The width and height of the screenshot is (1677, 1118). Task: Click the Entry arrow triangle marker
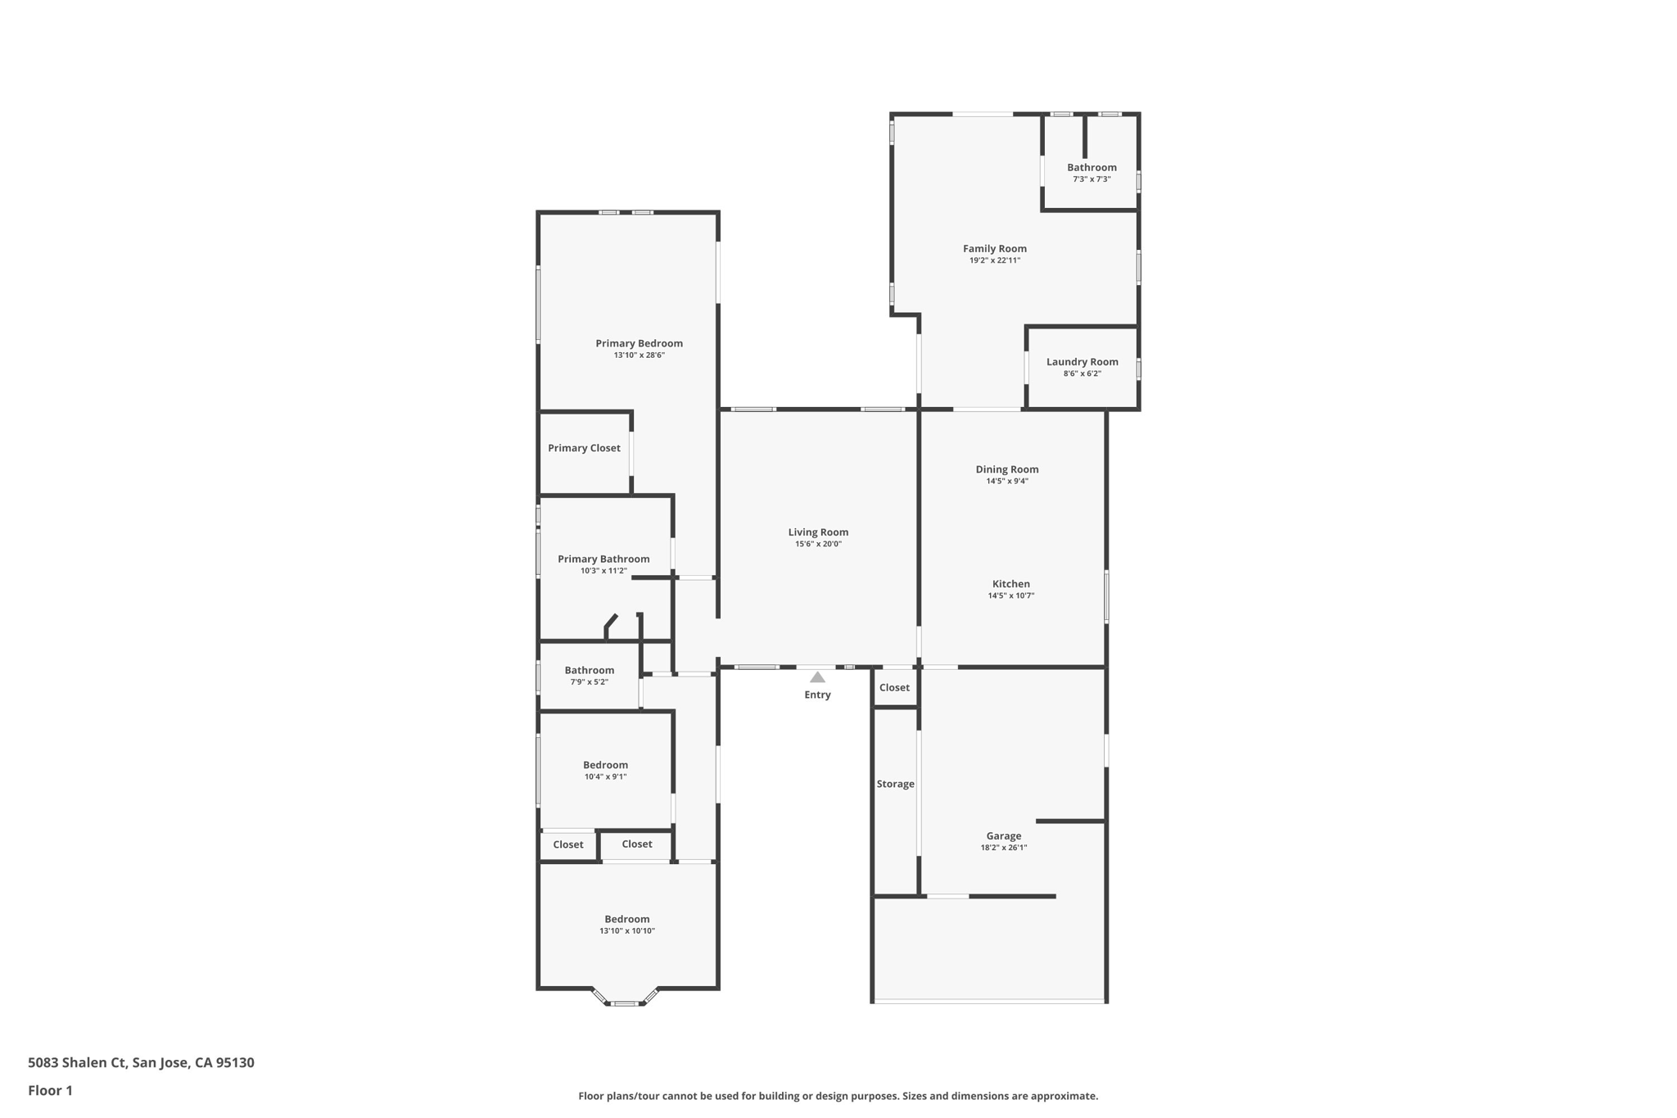coord(817,677)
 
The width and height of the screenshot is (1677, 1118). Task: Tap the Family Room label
coord(994,248)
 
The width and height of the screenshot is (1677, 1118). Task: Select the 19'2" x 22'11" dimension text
coord(994,260)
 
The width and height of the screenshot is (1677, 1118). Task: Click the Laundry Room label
coord(1082,361)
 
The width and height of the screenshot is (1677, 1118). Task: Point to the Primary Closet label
coord(584,448)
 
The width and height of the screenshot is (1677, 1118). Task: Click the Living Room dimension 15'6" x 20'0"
coord(818,544)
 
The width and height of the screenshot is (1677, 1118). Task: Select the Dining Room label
coord(1006,469)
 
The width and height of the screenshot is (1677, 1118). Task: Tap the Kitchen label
coord(1010,584)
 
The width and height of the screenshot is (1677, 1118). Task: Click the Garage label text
coord(1003,836)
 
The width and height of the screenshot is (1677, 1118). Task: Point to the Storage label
coord(895,784)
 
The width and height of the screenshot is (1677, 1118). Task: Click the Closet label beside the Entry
coord(894,688)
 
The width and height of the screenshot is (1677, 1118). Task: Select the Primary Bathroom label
coord(603,559)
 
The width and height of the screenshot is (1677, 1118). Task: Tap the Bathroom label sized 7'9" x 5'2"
coord(589,670)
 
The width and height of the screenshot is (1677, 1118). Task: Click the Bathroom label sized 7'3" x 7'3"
coord(1092,167)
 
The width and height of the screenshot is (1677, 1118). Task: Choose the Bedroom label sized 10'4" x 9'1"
coord(605,765)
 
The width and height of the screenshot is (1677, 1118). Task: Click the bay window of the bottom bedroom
coord(626,1002)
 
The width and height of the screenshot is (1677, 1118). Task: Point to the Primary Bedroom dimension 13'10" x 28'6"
coord(639,355)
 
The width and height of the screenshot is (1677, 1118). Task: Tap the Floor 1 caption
coord(50,1090)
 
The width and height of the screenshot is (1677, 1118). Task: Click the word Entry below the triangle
coord(817,695)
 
